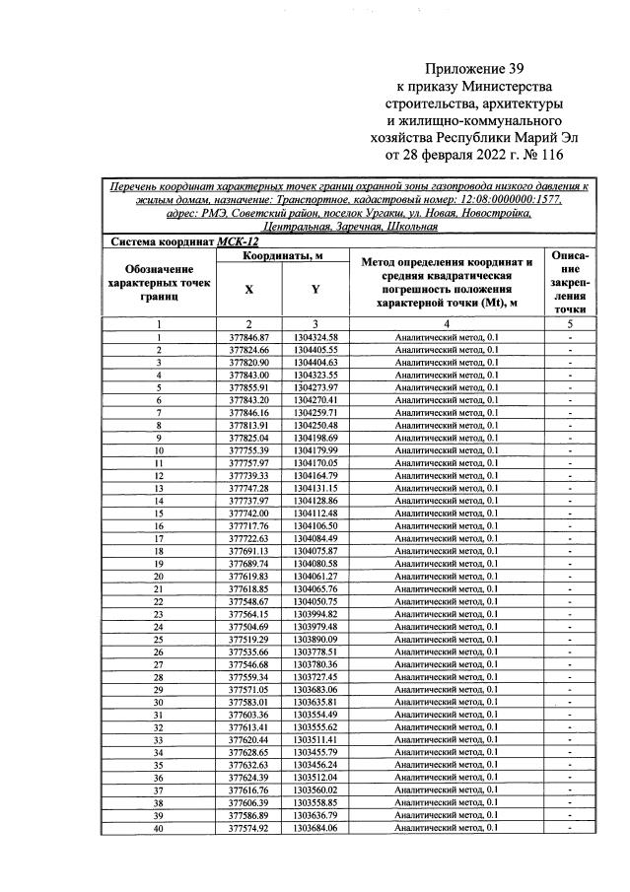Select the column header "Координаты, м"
click(x=282, y=256)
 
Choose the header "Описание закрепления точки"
click(x=570, y=282)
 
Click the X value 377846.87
click(x=248, y=338)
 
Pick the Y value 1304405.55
click(x=315, y=350)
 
